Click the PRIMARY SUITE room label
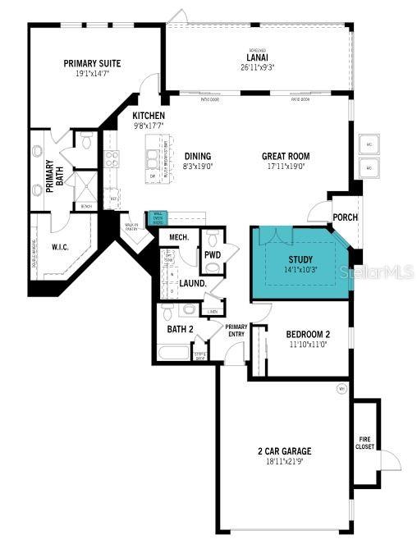coord(93,62)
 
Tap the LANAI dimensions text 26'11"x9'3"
coord(256,68)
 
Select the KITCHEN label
coord(149,116)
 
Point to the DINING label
coord(197,156)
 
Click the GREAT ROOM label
coord(284,156)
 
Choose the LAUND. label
coord(192,283)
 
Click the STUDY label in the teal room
coord(300,258)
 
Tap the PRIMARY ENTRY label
coord(236,329)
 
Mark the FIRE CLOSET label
coord(365,442)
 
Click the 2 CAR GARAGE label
coord(283,451)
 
